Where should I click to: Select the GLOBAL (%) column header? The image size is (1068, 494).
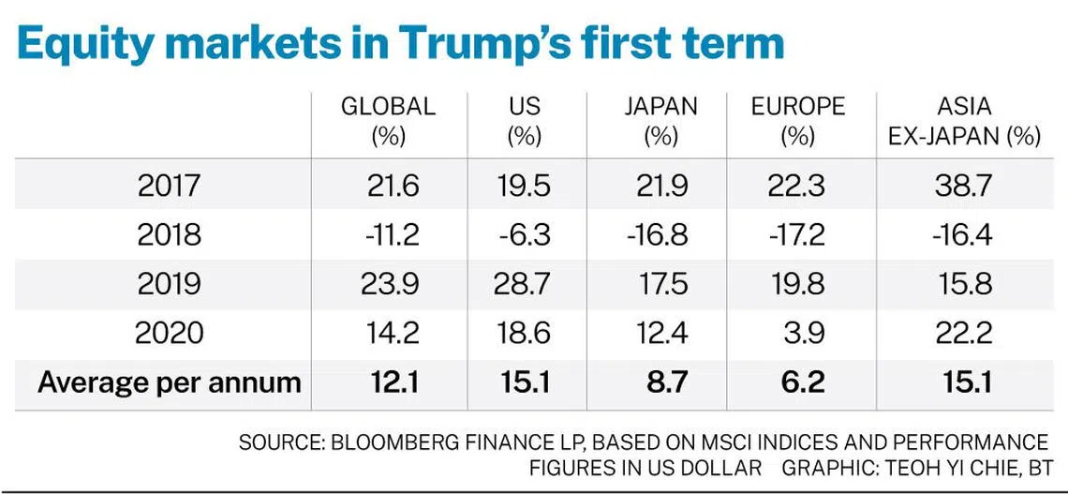(388, 121)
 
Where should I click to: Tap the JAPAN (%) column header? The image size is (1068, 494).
(660, 121)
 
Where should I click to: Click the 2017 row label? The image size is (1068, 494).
(169, 186)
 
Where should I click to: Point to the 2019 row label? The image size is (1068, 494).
(169, 283)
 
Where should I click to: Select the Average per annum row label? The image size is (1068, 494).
(170, 382)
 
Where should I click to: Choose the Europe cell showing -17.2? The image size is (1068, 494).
(797, 234)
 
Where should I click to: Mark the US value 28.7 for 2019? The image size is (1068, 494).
(524, 283)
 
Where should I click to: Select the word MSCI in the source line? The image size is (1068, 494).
(731, 442)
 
